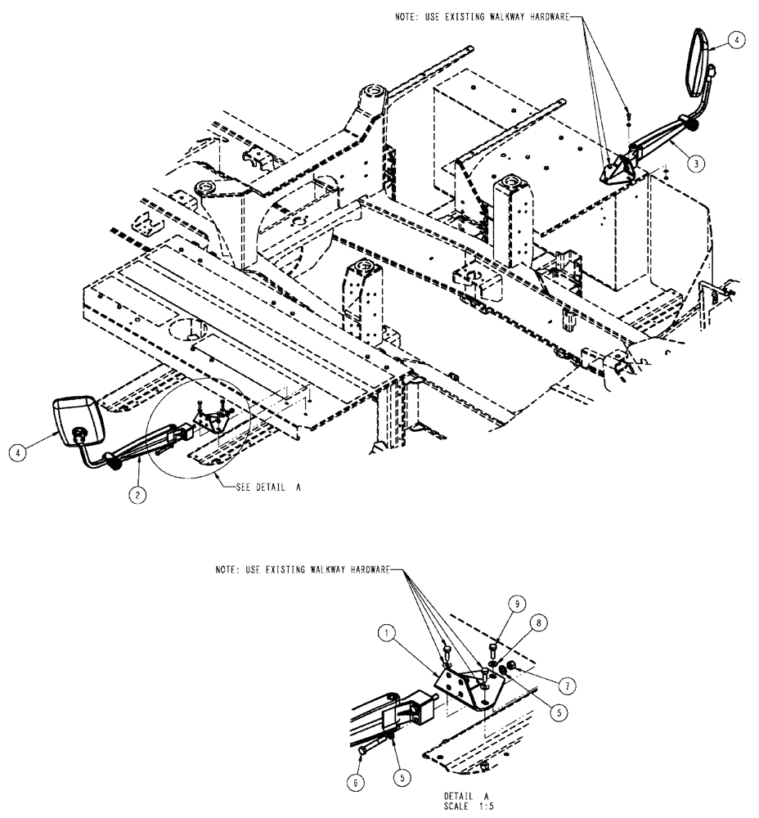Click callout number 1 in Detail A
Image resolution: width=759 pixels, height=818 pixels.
pyautogui.click(x=388, y=633)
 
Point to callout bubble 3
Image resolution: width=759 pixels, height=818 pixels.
pyautogui.click(x=694, y=163)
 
